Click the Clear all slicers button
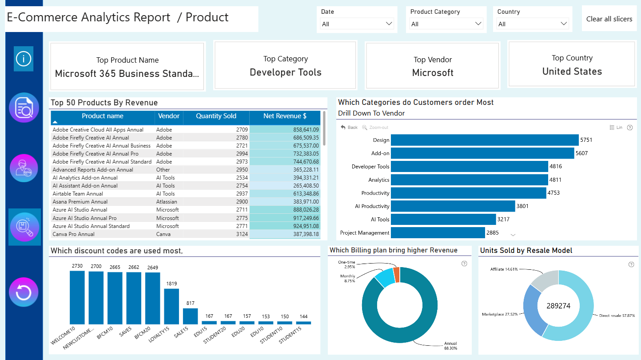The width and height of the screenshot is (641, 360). pyautogui.click(x=609, y=19)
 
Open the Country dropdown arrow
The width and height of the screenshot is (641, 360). pyautogui.click(x=563, y=24)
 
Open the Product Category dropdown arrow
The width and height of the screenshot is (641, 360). pyautogui.click(x=478, y=24)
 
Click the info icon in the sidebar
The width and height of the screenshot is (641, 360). pyautogui.click(x=24, y=59)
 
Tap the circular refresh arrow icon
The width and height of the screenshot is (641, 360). pyautogui.click(x=24, y=292)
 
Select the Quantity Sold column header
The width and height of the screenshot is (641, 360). pyautogui.click(x=216, y=116)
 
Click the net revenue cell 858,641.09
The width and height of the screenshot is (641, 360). pyautogui.click(x=306, y=130)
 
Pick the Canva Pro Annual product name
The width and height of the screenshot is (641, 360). pyautogui.click(x=74, y=234)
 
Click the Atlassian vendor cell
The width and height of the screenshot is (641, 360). pyautogui.click(x=167, y=202)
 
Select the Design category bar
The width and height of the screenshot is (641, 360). pyautogui.click(x=485, y=140)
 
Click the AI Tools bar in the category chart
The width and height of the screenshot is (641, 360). pyautogui.click(x=443, y=220)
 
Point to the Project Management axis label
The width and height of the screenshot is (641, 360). pyautogui.click(x=365, y=233)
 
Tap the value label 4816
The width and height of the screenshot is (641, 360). pyautogui.click(x=555, y=166)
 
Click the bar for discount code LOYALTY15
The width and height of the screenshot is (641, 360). pyautogui.click(x=171, y=306)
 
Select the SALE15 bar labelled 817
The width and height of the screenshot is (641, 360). pyautogui.click(x=190, y=316)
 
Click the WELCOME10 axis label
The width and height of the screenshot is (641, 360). pyautogui.click(x=63, y=335)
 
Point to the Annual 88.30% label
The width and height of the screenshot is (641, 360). pyautogui.click(x=450, y=346)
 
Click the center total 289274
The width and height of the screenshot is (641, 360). pyautogui.click(x=558, y=306)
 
